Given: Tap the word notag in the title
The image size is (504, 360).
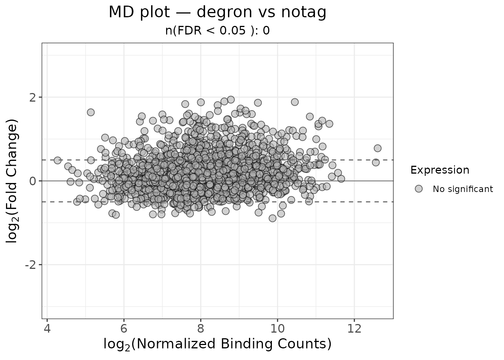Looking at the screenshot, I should tap(303, 12).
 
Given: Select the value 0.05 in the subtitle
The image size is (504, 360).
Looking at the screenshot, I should tap(237, 31).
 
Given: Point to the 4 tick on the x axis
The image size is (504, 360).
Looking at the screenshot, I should tap(47, 328).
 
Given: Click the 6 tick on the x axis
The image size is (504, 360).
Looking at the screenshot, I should tap(124, 328).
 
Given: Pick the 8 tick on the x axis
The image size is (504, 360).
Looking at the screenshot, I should tap(201, 328).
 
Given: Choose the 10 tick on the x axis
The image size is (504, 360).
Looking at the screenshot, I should tap(277, 328).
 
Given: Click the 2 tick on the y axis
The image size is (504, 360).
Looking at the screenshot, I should tap(33, 97).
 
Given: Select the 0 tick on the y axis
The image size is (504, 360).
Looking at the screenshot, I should tap(33, 181).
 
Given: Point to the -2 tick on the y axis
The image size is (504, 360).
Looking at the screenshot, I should tap(31, 265).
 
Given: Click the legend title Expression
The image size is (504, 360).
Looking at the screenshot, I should tap(439, 170).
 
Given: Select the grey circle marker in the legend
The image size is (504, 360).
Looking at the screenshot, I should tap(418, 189).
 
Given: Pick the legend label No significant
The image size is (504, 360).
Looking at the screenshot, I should tap(463, 189).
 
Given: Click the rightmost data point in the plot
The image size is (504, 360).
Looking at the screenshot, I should tap(377, 148).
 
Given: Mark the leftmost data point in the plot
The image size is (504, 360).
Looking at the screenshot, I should tap(57, 160).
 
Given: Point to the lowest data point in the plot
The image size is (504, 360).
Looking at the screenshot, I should tap(272, 218).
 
